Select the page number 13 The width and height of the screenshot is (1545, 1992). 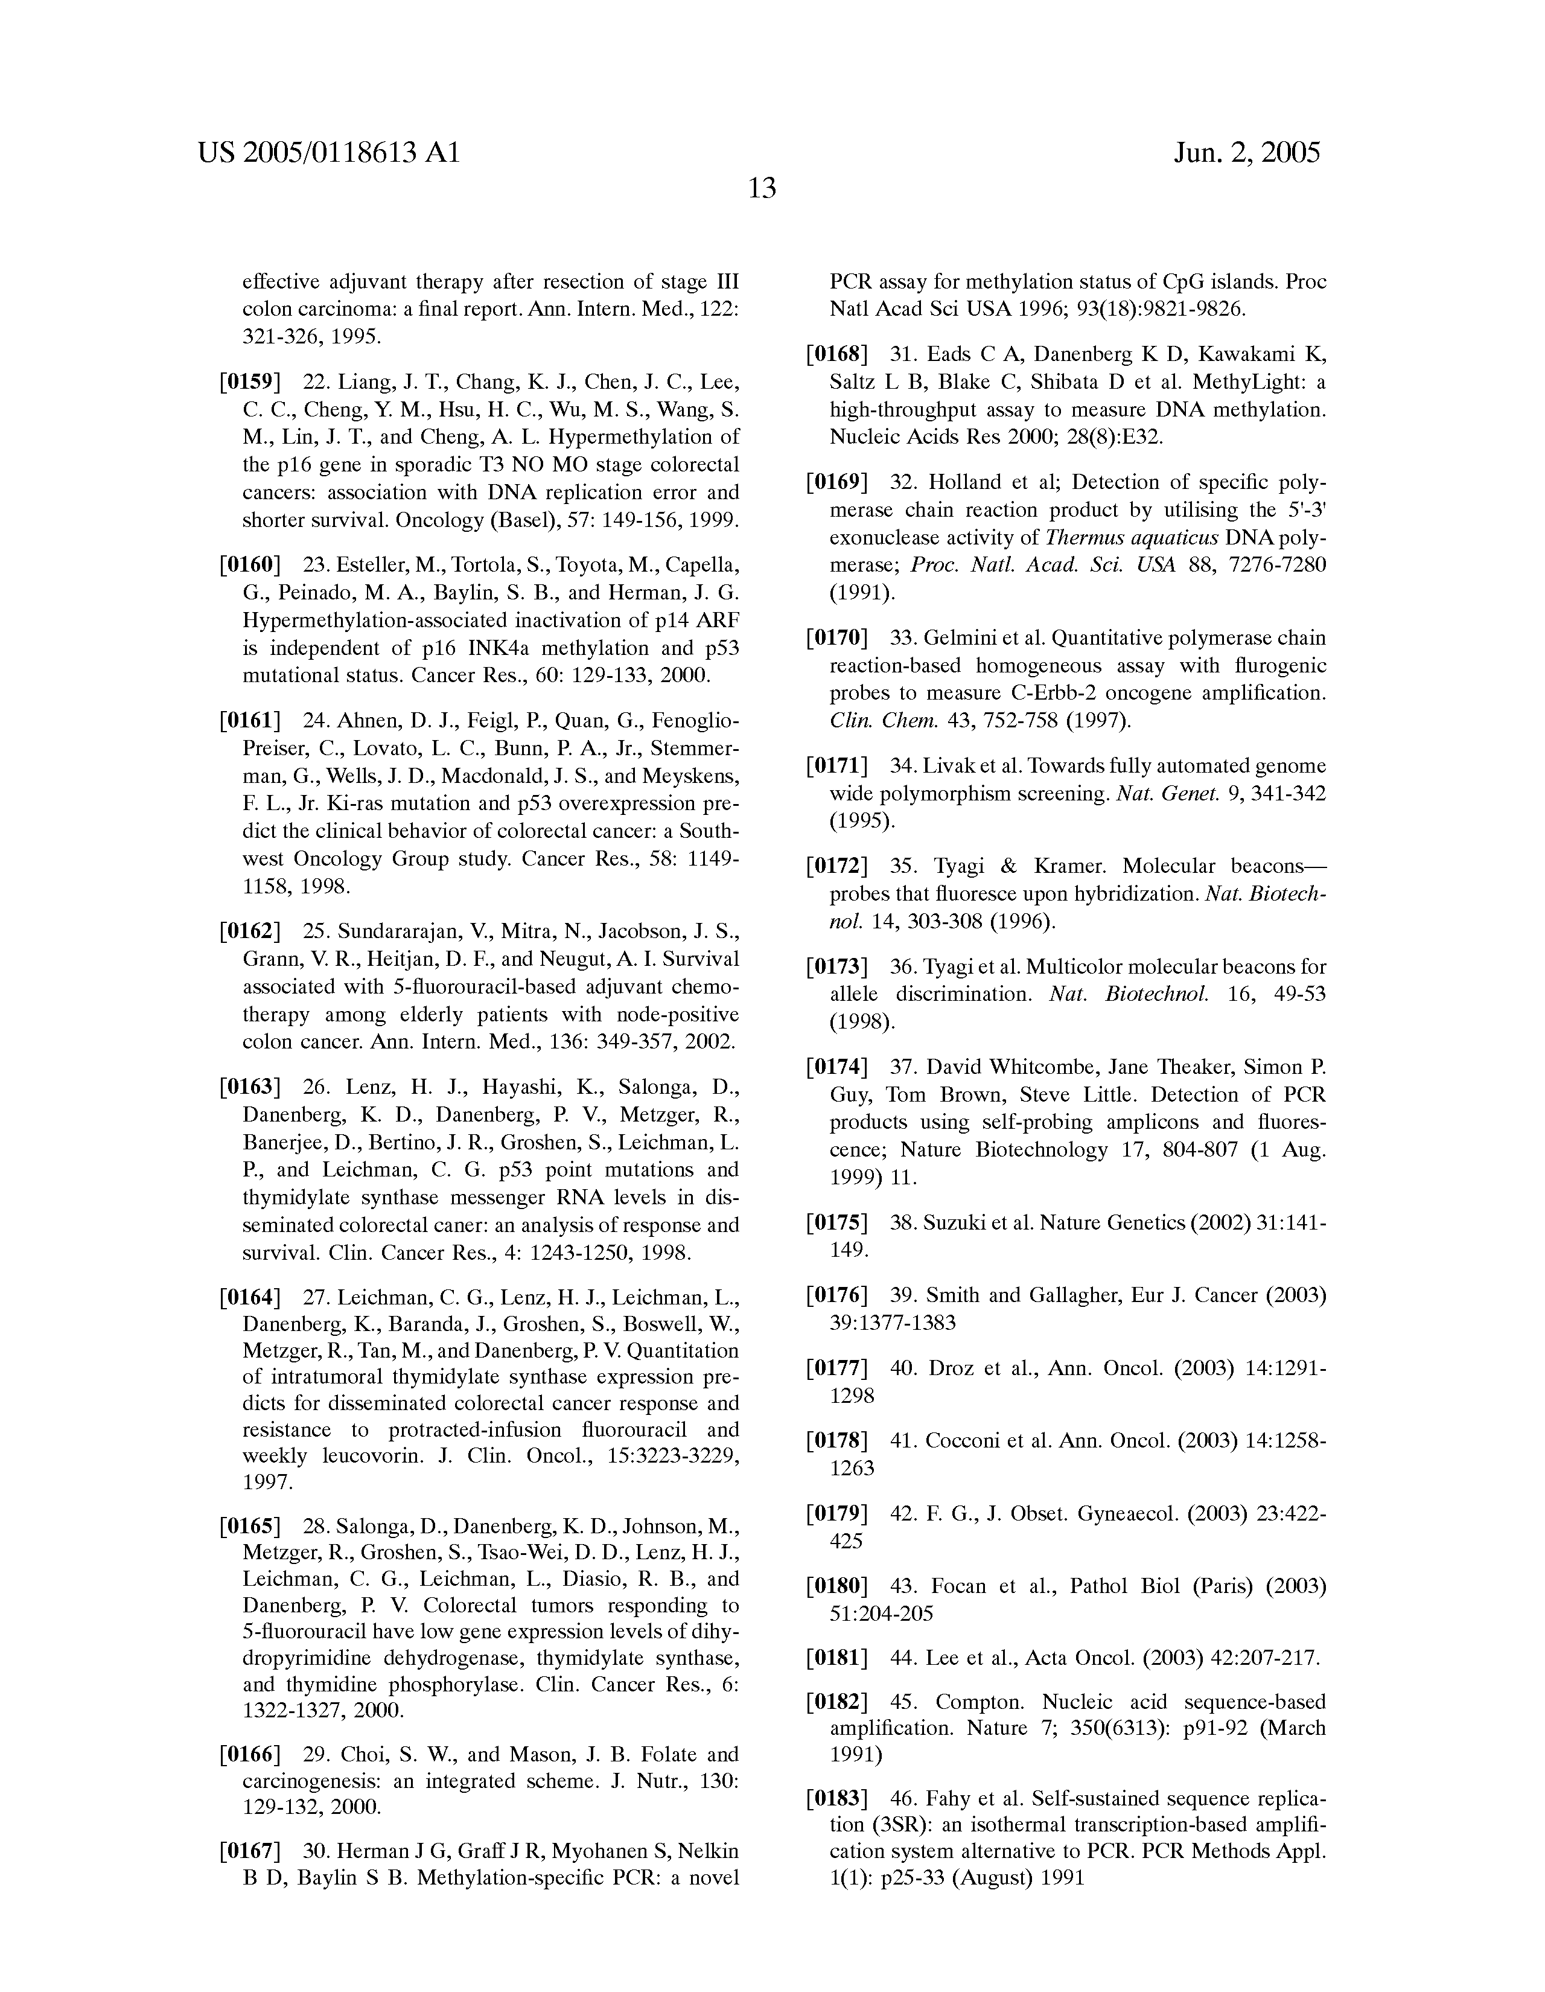(x=762, y=189)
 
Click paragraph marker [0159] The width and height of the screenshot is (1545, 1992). (x=249, y=381)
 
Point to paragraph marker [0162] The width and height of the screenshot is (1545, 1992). (x=249, y=931)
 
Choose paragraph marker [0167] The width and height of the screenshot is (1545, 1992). (x=249, y=1851)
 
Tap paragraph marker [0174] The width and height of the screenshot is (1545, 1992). (x=836, y=1066)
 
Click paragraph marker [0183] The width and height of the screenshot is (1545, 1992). (x=836, y=1799)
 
